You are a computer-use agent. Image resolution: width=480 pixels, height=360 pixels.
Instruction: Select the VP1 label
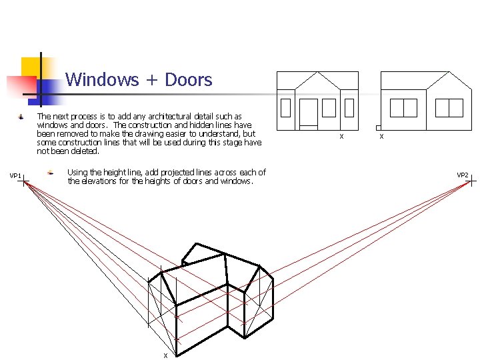point(15,176)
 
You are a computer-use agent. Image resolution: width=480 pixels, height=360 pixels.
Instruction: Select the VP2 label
point(462,175)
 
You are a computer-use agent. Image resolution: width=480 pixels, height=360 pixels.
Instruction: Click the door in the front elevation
point(309,113)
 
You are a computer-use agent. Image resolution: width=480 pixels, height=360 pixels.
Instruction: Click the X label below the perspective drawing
point(165,355)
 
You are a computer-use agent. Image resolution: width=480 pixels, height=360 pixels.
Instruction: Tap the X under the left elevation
point(341,137)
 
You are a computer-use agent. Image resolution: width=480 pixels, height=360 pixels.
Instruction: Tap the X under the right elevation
point(381,137)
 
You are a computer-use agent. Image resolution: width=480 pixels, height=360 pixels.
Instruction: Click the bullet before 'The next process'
point(21,117)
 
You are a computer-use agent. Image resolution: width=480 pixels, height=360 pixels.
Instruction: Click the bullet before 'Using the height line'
point(50,173)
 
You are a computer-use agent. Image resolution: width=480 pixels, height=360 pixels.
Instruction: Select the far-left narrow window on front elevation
point(286,107)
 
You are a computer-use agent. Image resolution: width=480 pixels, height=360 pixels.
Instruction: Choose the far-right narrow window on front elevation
point(349,107)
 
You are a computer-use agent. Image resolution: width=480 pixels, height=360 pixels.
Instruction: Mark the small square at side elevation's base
point(378,127)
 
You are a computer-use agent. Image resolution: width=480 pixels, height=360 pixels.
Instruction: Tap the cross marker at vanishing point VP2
point(471,180)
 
